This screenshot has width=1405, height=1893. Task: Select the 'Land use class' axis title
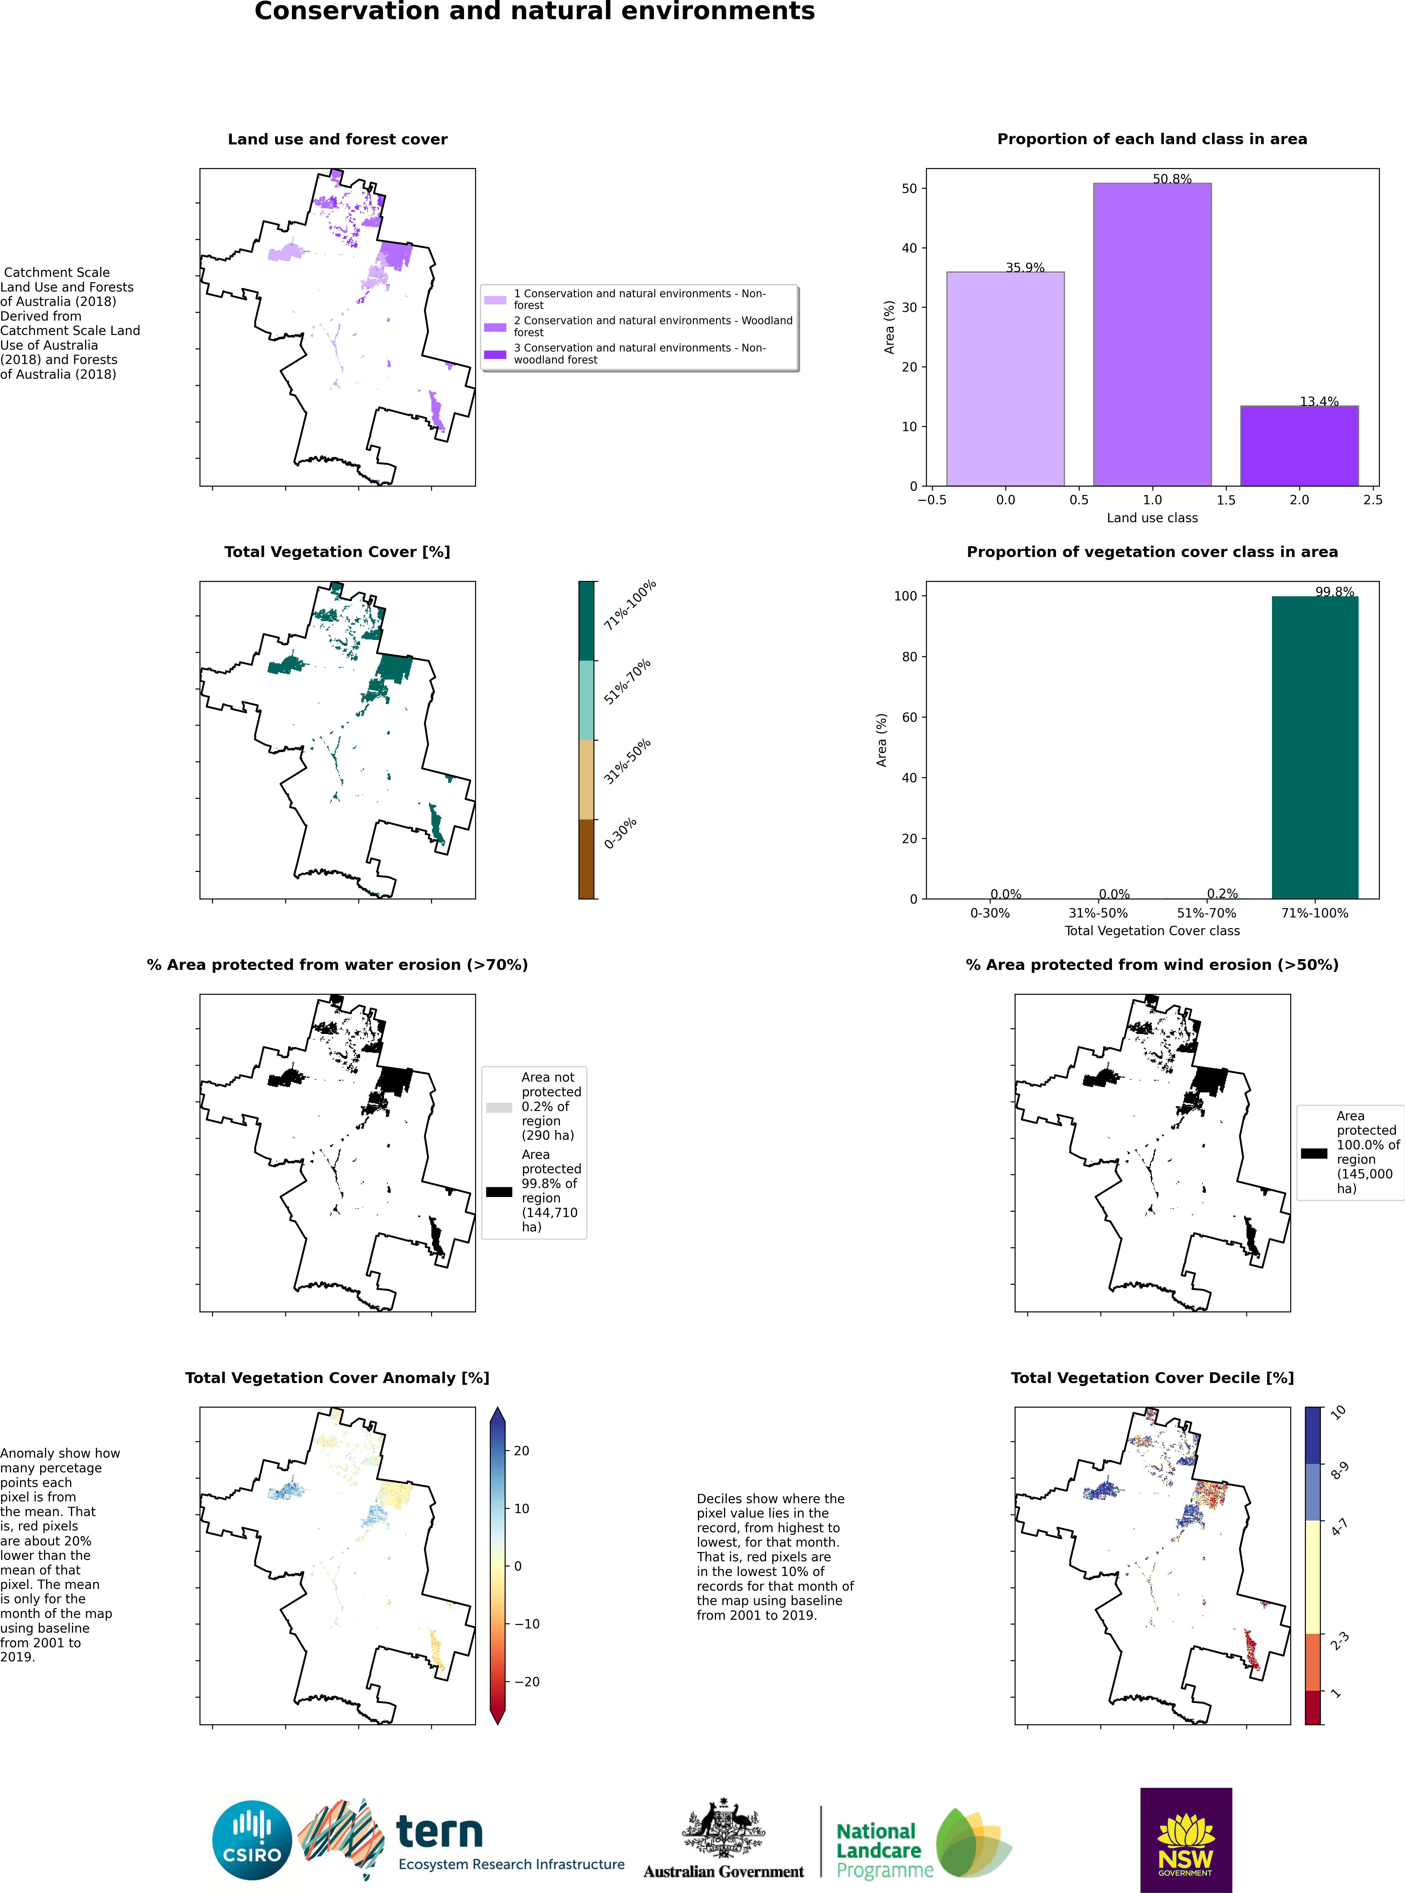(1152, 518)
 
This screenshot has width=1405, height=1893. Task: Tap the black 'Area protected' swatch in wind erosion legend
(1313, 1153)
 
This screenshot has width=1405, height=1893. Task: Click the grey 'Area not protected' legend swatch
(499, 1107)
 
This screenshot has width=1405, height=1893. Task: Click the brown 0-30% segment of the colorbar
(586, 859)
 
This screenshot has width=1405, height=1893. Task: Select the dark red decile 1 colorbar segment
(1313, 1707)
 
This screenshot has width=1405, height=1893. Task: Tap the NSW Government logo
(1186, 1839)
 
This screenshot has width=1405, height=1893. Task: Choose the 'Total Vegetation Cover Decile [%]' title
(1152, 1378)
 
